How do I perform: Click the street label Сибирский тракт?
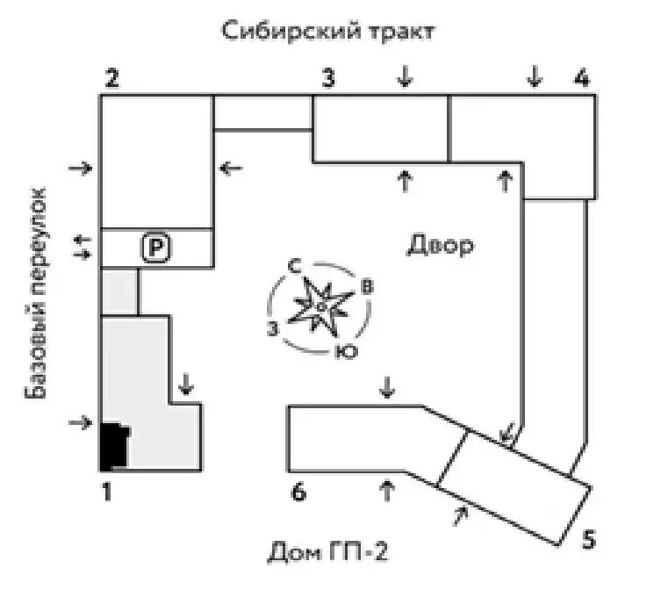pyautogui.click(x=328, y=31)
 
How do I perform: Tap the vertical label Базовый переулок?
pyautogui.click(x=34, y=292)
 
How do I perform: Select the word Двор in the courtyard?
pyautogui.click(x=440, y=245)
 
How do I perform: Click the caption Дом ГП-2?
pyautogui.click(x=328, y=551)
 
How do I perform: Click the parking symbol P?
pyautogui.click(x=156, y=247)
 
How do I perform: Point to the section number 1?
pyautogui.click(x=107, y=492)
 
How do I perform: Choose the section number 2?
pyautogui.click(x=111, y=78)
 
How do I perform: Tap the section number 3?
pyautogui.click(x=328, y=78)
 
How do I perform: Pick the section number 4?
pyautogui.click(x=582, y=78)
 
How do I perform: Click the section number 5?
pyautogui.click(x=588, y=539)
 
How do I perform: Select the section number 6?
pyautogui.click(x=298, y=492)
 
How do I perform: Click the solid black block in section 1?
pyautogui.click(x=115, y=447)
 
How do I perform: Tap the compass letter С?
pyautogui.click(x=295, y=266)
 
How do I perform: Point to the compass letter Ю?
pyautogui.click(x=347, y=351)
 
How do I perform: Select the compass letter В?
pyautogui.click(x=368, y=286)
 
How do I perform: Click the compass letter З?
pyautogui.click(x=273, y=328)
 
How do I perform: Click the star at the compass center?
pyautogui.click(x=322, y=306)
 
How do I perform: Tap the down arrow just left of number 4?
pyautogui.click(x=535, y=75)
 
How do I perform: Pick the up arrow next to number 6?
pyautogui.click(x=387, y=490)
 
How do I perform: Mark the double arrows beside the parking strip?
pyautogui.click(x=83, y=247)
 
